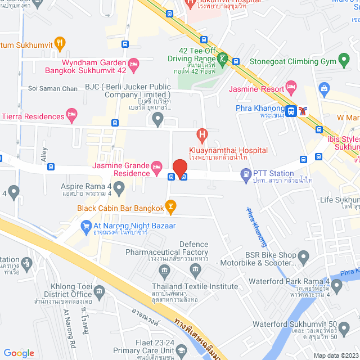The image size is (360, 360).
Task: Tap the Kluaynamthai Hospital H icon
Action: (x=201, y=135)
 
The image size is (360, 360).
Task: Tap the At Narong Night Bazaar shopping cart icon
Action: (x=86, y=227)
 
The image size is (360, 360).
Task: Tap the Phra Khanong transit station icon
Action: (x=291, y=111)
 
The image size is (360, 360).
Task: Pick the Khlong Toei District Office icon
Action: (x=100, y=292)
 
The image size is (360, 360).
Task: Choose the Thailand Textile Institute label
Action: (x=195, y=286)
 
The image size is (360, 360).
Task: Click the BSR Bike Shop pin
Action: (x=303, y=258)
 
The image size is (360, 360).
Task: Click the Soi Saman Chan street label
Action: (x=53, y=89)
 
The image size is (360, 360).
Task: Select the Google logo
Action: (x=19, y=353)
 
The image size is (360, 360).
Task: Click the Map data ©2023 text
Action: (x=335, y=355)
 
